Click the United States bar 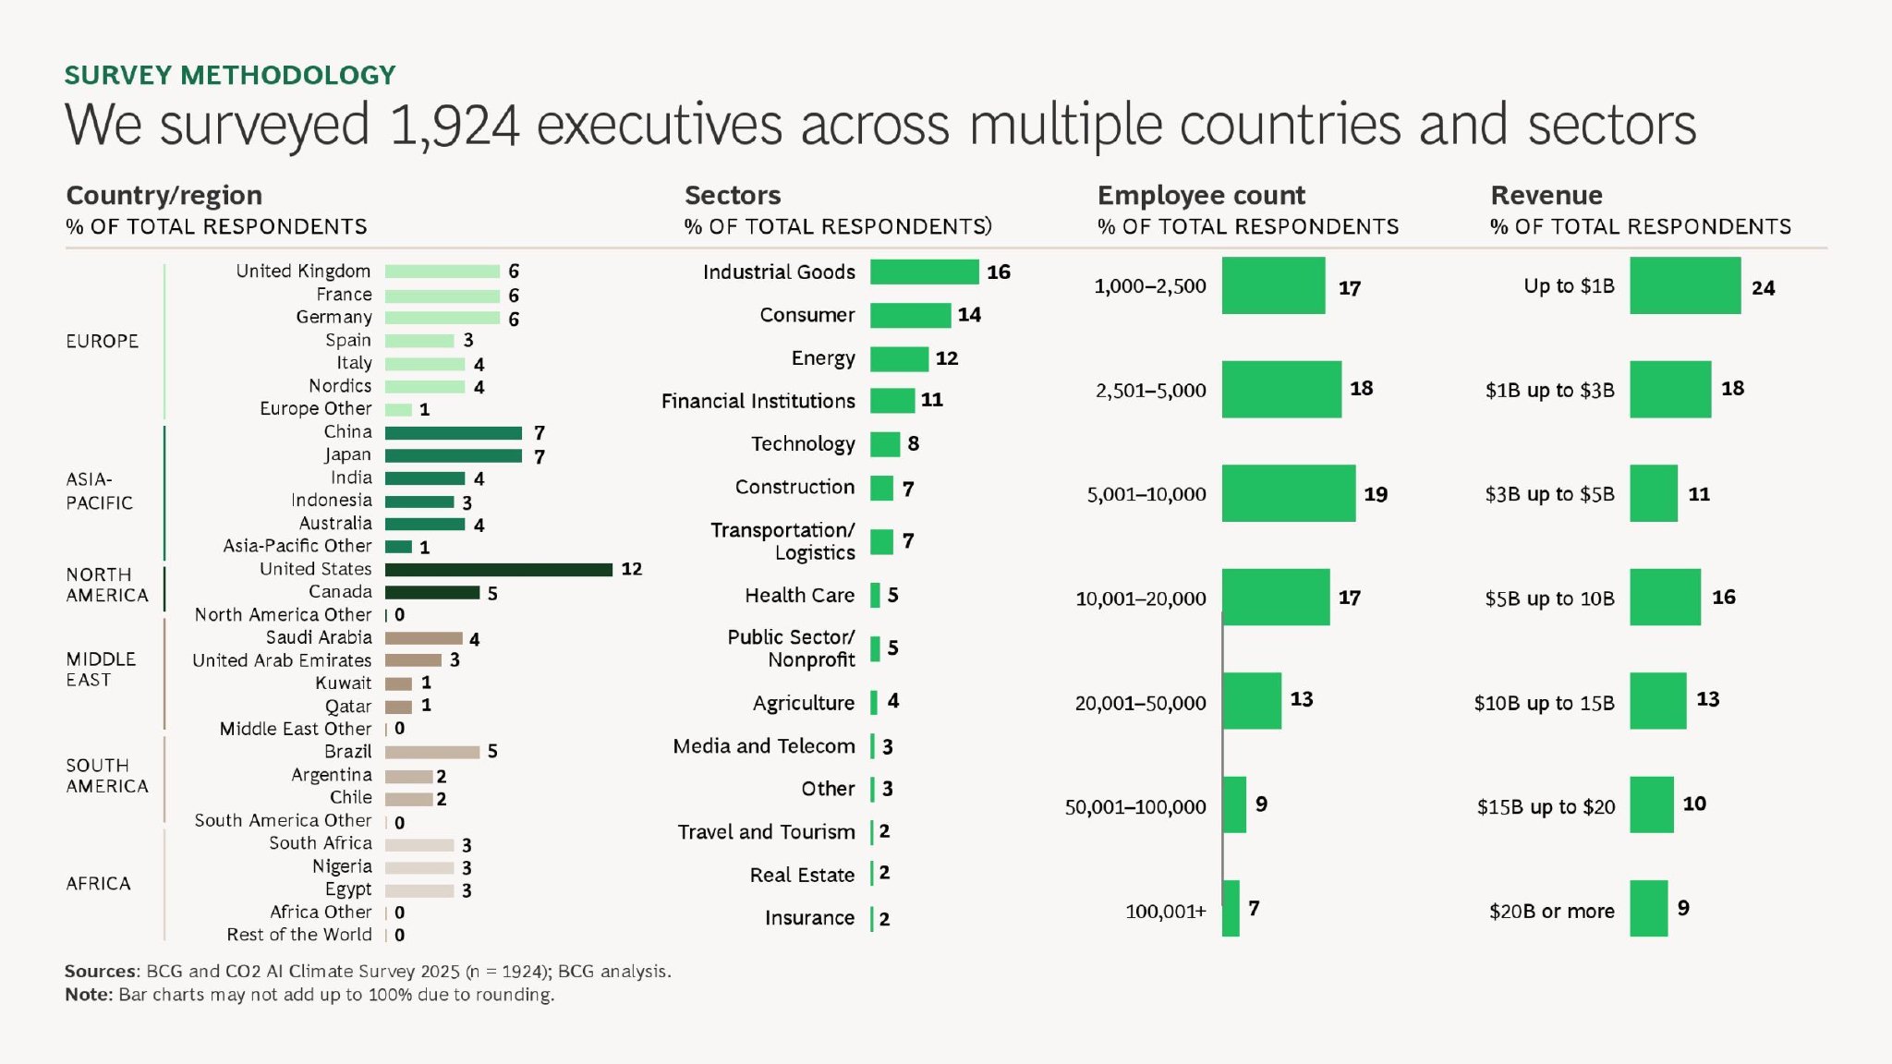[498, 570]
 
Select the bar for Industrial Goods [924, 272]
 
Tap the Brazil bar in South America [431, 752]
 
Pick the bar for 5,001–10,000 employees [1288, 493]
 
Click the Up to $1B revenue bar [1684, 285]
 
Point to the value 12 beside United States [631, 569]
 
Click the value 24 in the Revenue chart [1763, 288]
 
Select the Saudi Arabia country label [319, 637]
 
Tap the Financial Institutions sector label [758, 401]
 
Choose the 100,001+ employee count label [1165, 912]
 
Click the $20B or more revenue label [1551, 912]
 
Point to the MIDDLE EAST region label [101, 669]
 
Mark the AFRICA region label [98, 883]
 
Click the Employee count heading [1201, 195]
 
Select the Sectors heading [733, 195]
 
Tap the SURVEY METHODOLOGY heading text [230, 75]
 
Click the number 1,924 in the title [455, 125]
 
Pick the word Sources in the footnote [100, 971]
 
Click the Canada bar [431, 592]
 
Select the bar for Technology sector [884, 444]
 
